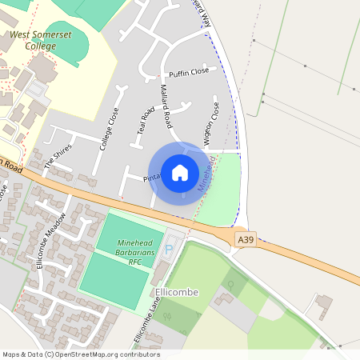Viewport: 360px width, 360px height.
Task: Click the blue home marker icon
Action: pos(180,173)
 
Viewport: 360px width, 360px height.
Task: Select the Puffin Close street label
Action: pos(189,71)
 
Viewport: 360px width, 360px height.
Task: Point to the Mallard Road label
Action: pos(166,107)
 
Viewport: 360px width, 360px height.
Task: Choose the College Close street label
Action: pos(108,129)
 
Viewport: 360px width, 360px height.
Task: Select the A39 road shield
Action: pos(245,239)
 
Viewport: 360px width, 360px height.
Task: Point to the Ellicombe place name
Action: pos(177,293)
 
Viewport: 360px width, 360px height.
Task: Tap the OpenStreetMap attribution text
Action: pos(81,354)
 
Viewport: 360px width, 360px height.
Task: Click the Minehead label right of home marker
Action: pos(206,173)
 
